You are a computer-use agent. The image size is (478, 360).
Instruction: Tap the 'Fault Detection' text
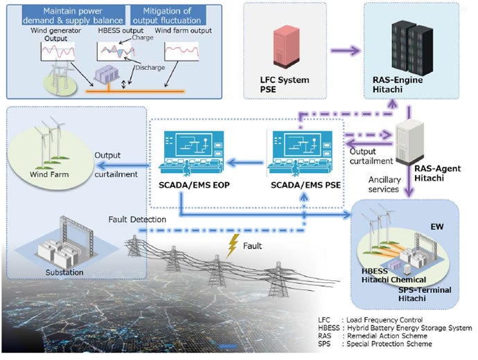pyautogui.click(x=139, y=219)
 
